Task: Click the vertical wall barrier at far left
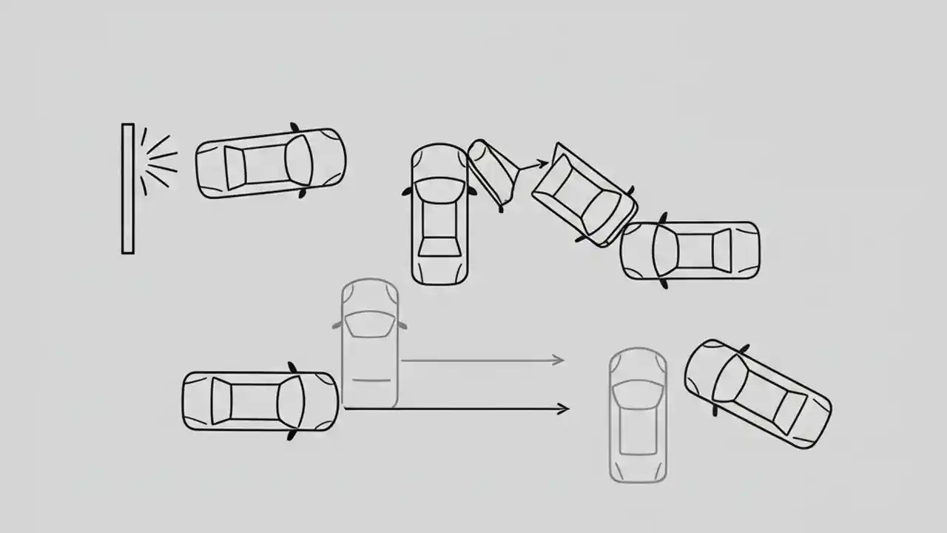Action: pyautogui.click(x=128, y=189)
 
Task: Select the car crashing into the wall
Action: pyautogui.click(x=271, y=164)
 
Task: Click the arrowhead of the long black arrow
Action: pyautogui.click(x=564, y=409)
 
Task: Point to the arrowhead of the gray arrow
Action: pyautogui.click(x=559, y=361)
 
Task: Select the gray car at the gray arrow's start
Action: pyautogui.click(x=370, y=343)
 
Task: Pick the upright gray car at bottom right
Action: pyautogui.click(x=638, y=415)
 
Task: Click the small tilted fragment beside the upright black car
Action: pyautogui.click(x=493, y=172)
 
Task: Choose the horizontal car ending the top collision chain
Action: pyautogui.click(x=690, y=250)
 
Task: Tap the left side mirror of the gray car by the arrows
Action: pyautogui.click(x=337, y=324)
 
